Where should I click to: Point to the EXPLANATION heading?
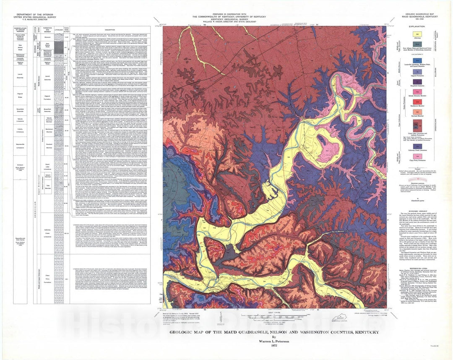420,26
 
